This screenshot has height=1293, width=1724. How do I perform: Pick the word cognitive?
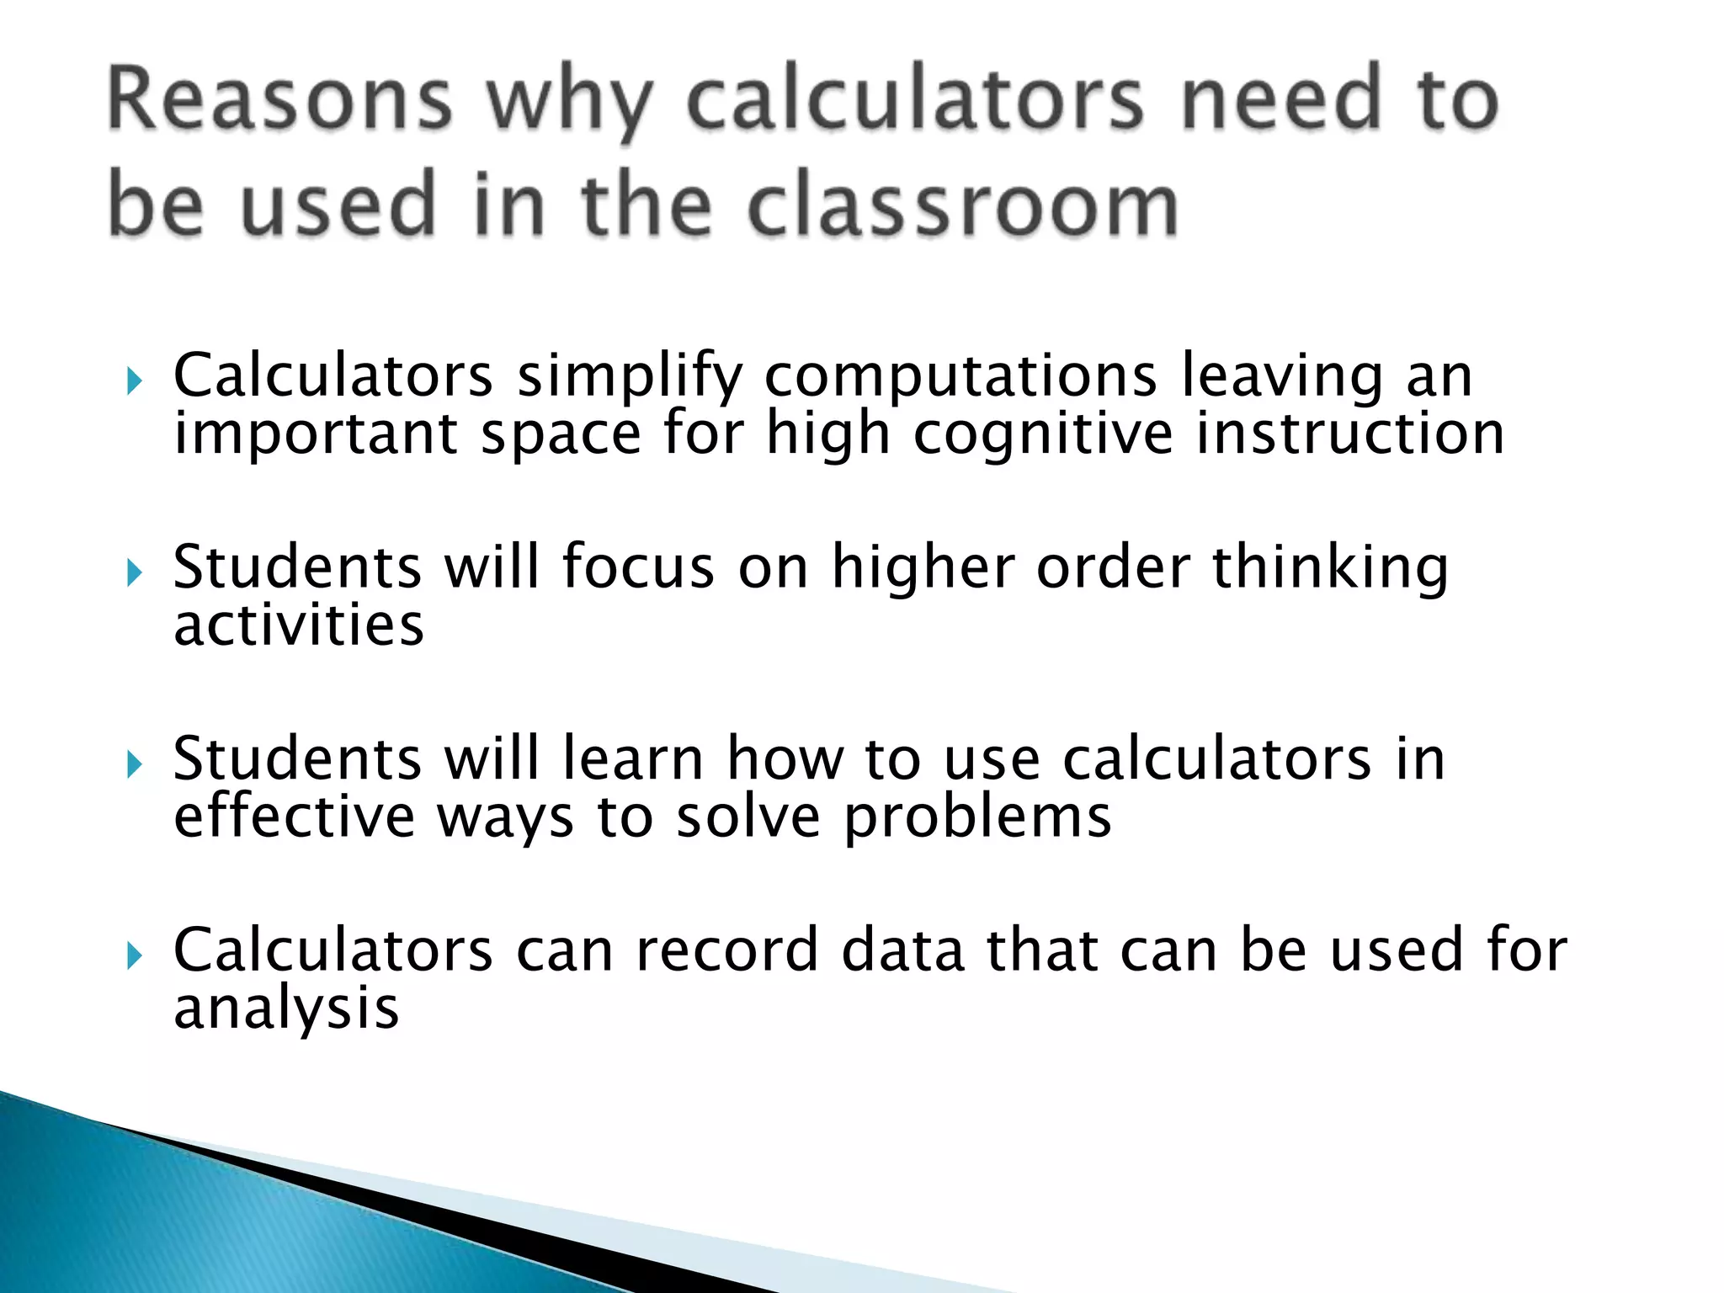click(1043, 434)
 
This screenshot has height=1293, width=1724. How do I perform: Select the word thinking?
click(1330, 568)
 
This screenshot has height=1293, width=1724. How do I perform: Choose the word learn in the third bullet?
click(632, 758)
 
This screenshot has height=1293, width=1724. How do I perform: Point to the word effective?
click(295, 817)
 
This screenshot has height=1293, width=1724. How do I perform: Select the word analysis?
click(286, 1008)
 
